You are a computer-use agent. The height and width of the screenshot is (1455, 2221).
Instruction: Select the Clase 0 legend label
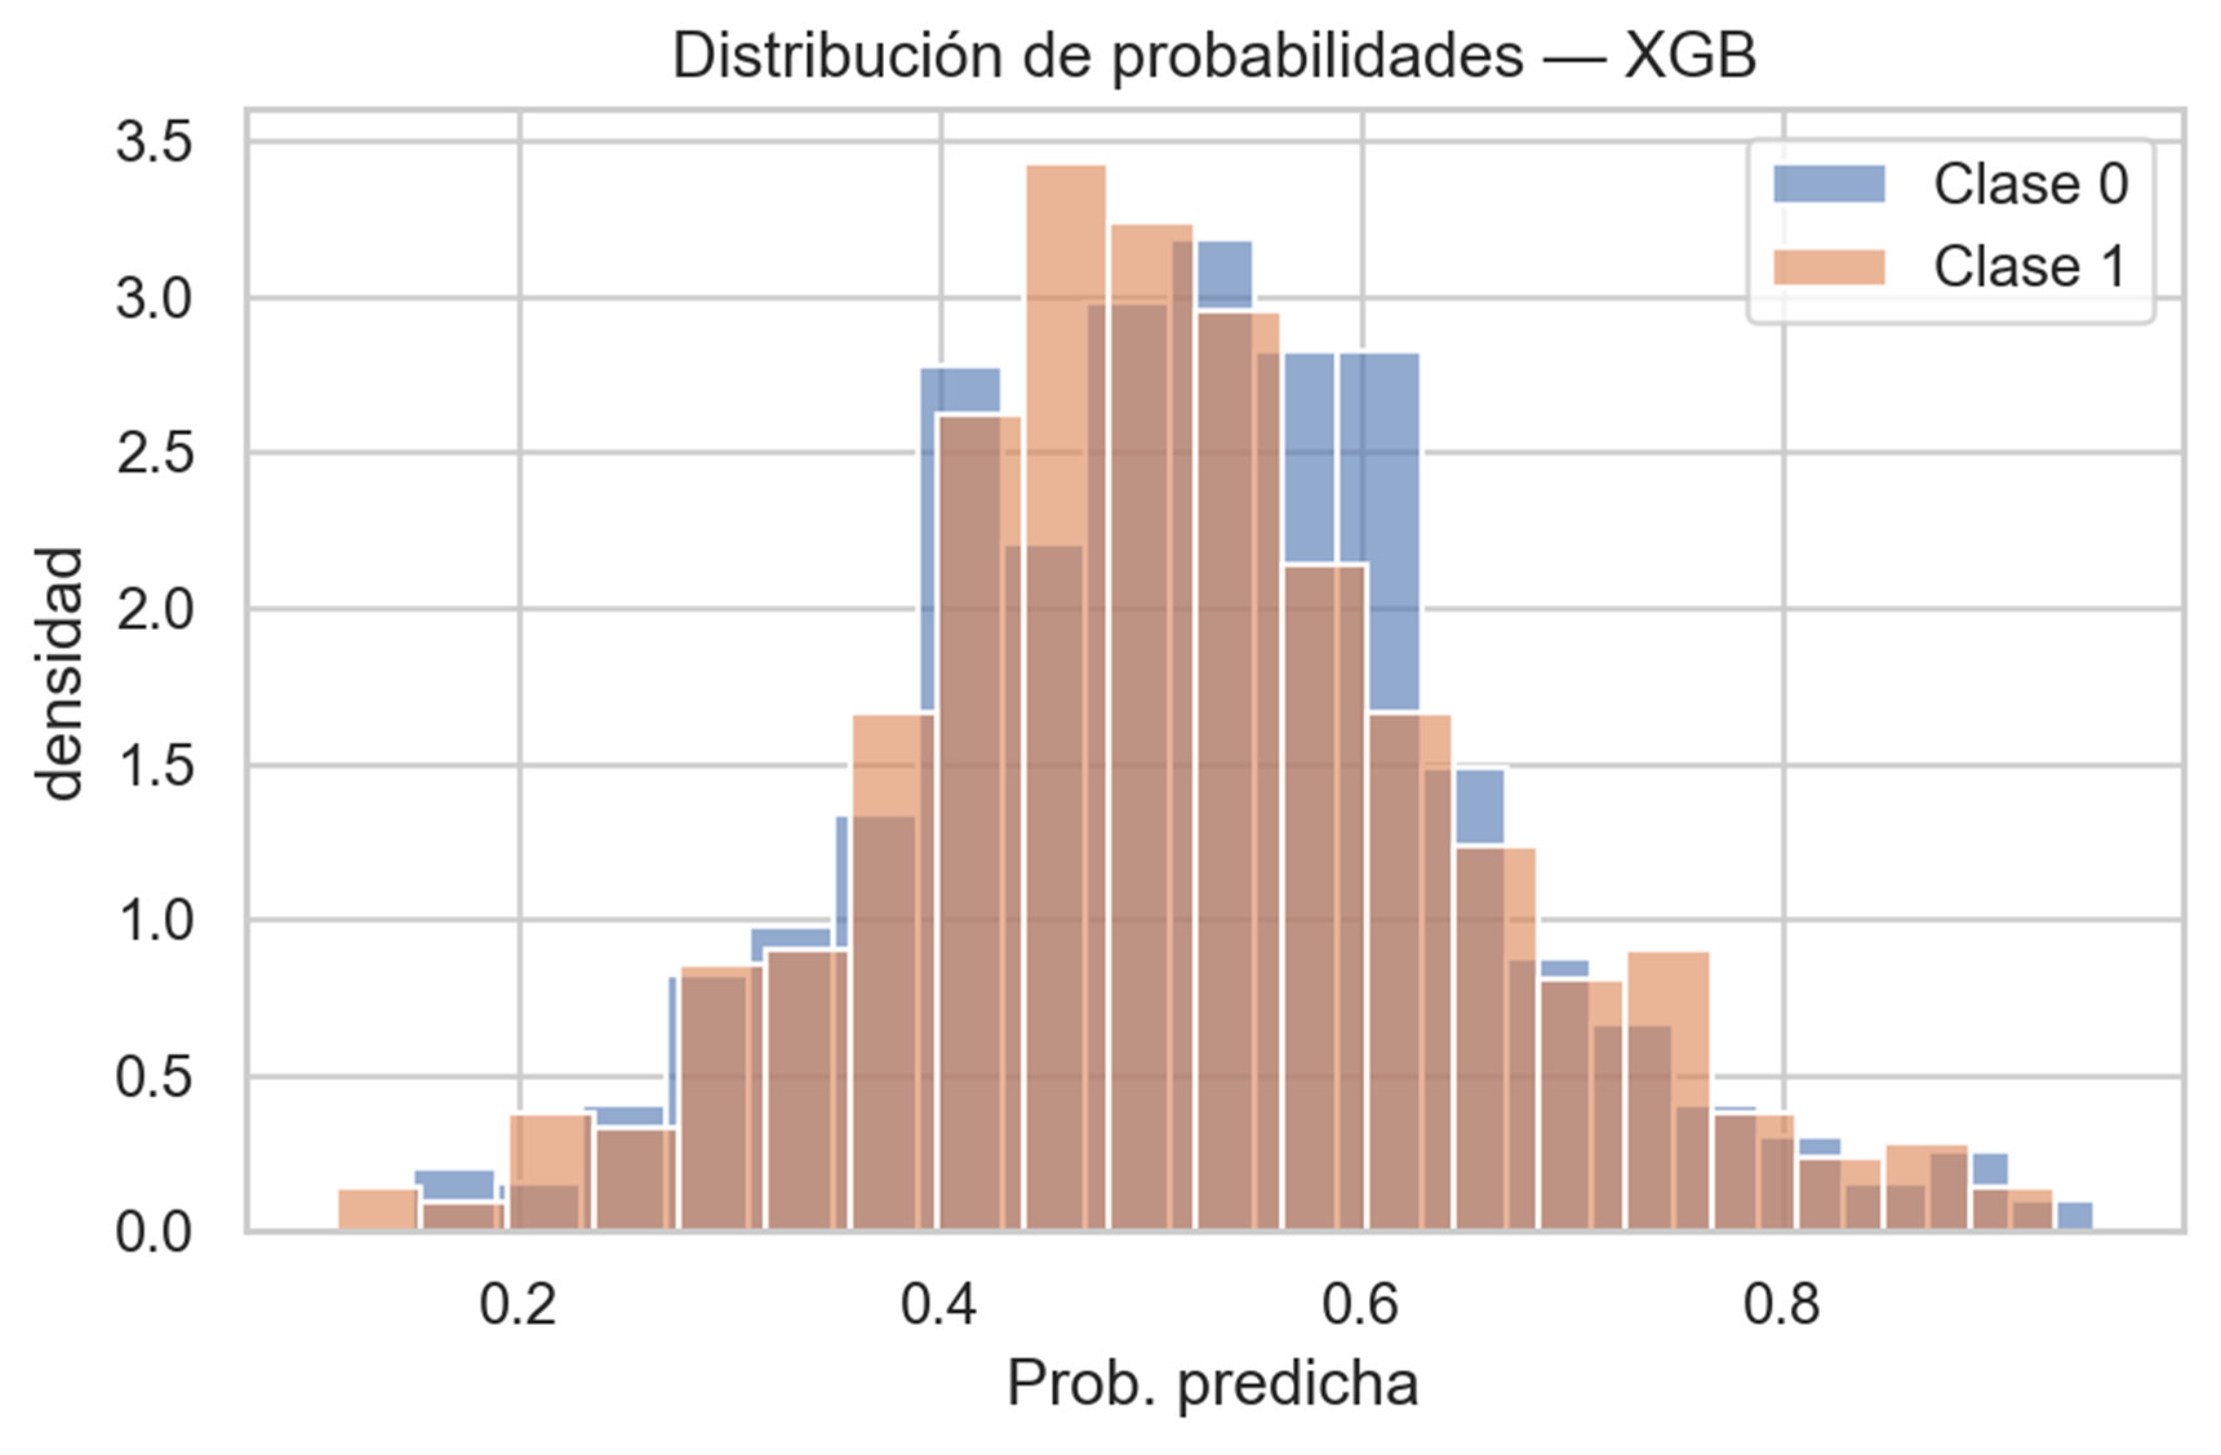(x=2031, y=184)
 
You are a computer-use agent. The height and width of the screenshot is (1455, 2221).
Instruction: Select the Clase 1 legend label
(x=2031, y=267)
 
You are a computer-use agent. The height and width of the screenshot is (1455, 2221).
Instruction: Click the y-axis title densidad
(x=58, y=674)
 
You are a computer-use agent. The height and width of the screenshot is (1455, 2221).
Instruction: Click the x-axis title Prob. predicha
(x=1212, y=1383)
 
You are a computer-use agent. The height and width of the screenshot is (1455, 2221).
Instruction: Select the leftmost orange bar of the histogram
(x=377, y=1210)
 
